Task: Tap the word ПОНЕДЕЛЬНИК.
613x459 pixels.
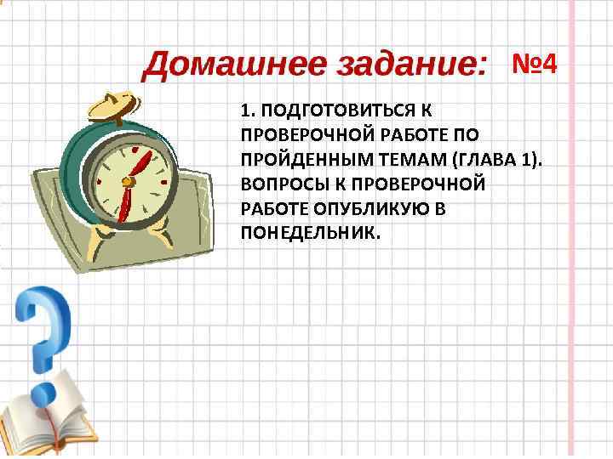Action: coord(306,232)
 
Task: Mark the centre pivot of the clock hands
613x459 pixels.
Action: coord(129,180)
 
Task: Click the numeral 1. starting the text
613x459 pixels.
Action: coord(247,110)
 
